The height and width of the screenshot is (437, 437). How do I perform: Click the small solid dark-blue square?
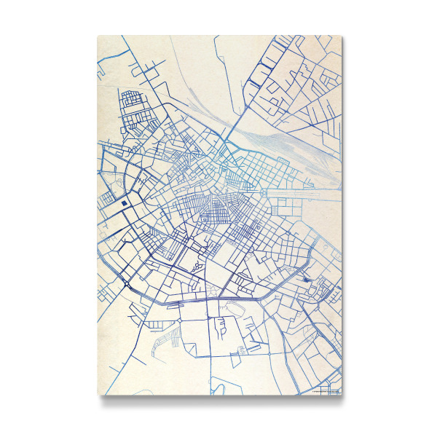(125, 203)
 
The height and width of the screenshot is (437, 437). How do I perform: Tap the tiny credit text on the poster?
(326, 392)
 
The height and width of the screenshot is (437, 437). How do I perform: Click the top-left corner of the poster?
(98, 35)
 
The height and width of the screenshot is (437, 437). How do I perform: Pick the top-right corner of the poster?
(342, 35)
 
